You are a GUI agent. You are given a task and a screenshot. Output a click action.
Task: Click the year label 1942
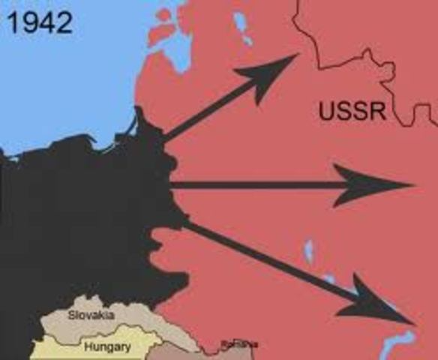[x=40, y=22]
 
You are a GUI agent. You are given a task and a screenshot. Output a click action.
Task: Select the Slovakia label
[x=91, y=316]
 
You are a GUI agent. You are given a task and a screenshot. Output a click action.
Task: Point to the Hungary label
[x=107, y=347]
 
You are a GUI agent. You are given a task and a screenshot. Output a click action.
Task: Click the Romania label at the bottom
[x=238, y=344]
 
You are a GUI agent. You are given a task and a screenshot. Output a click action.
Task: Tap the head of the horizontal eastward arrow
[x=375, y=184]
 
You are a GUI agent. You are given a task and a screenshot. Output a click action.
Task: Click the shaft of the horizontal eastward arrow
[x=255, y=184]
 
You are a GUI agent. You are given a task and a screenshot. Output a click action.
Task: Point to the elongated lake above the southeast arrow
[x=308, y=252]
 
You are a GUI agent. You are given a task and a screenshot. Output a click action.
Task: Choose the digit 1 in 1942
[x=13, y=22]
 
